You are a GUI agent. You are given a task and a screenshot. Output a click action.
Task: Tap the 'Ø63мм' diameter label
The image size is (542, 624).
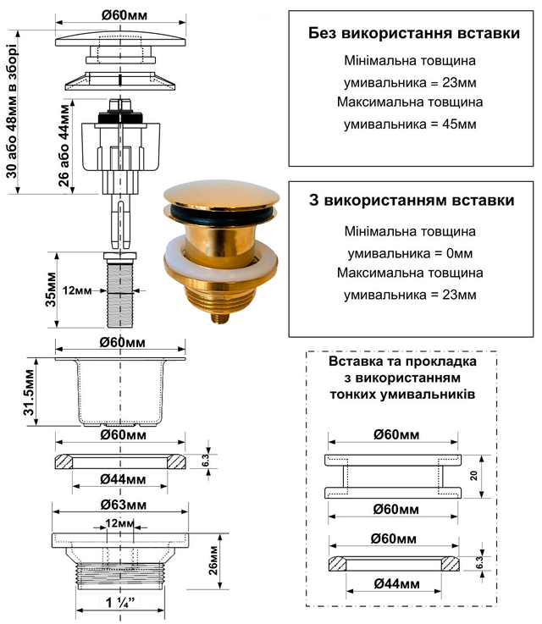tap(119, 505)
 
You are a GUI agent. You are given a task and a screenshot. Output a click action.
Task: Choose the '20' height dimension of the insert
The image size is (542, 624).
tap(475, 476)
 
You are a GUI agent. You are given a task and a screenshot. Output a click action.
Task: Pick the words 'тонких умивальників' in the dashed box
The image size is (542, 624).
tap(401, 395)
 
